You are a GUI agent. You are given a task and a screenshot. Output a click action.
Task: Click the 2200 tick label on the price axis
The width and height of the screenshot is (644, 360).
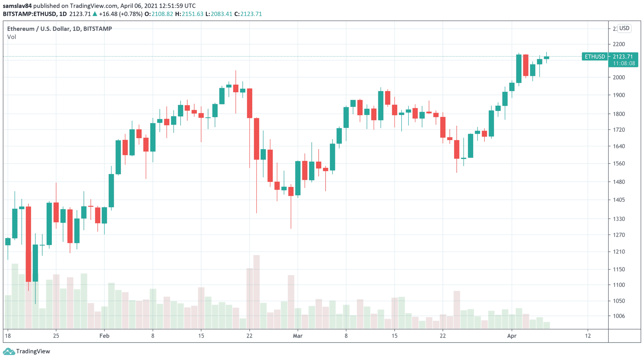[619, 44]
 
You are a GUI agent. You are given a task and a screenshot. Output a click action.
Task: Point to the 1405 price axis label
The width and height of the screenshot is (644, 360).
[619, 200]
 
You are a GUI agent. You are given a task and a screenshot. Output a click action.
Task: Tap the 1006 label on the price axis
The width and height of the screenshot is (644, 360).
[619, 316]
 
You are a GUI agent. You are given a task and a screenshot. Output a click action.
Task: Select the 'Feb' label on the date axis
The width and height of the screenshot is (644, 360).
[104, 336]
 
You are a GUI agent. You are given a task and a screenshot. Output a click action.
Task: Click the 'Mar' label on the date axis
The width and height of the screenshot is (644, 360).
[297, 336]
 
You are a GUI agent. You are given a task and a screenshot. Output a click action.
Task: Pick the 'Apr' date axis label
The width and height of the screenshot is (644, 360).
[512, 336]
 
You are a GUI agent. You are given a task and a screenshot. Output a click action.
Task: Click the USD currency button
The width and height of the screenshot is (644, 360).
[624, 28]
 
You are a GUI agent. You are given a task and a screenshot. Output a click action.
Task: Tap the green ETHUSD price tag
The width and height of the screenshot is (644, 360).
[595, 57]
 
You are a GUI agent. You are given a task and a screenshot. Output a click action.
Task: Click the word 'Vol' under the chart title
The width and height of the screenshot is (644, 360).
[12, 37]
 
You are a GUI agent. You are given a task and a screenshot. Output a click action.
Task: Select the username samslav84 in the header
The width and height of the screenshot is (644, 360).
[17, 6]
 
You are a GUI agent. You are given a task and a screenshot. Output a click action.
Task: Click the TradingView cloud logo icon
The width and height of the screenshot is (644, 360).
[8, 351]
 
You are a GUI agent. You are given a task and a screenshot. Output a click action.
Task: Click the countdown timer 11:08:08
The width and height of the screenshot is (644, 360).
[624, 64]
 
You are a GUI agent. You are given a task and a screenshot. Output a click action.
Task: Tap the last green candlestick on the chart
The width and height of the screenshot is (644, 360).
[547, 58]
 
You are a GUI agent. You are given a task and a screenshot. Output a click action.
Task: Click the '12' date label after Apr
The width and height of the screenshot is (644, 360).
[588, 336]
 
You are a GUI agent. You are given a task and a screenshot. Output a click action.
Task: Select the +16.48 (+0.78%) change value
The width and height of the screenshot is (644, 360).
[120, 14]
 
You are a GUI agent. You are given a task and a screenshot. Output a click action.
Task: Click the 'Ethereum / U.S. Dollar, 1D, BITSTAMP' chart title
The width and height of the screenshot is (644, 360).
[59, 29]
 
